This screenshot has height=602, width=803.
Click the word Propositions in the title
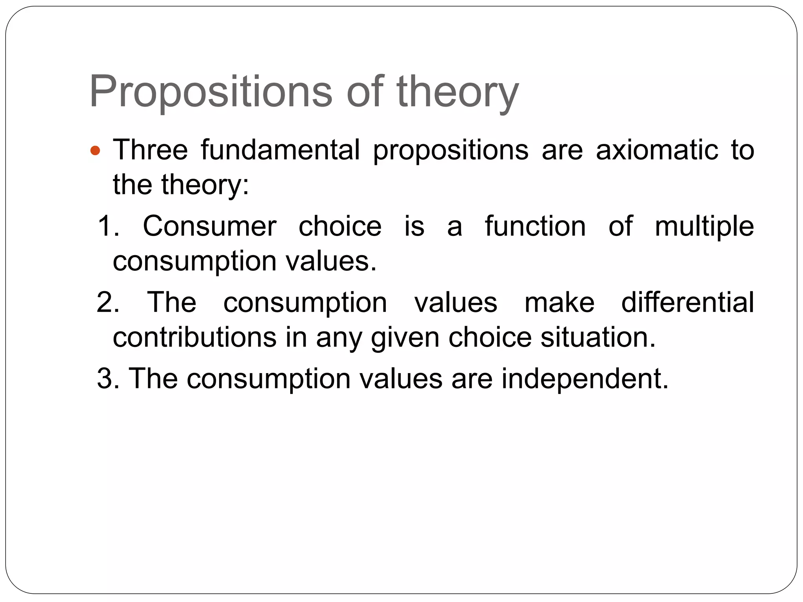211,92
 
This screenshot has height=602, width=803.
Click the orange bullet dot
95,150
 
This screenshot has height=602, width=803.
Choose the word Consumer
210,226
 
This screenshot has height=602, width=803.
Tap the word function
535,226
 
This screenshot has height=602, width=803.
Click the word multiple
704,226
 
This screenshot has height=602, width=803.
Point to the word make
559,302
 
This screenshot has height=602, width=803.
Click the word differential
687,302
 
